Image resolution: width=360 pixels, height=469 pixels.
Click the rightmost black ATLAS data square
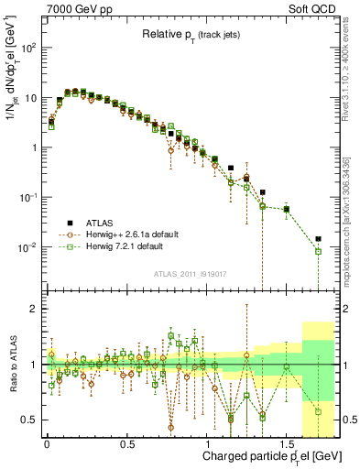[318, 239]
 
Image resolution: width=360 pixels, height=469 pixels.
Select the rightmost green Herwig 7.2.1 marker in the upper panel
[318, 251]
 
